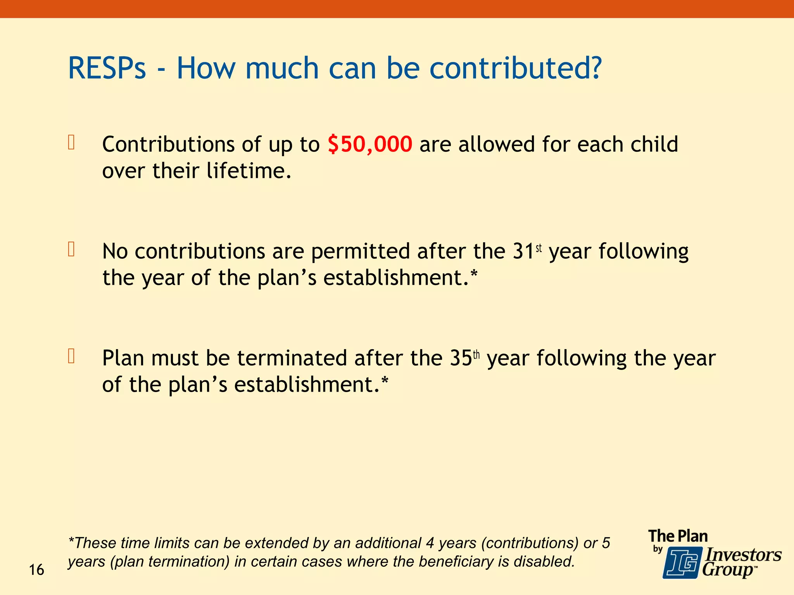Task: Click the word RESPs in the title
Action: (107, 68)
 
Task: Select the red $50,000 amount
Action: (370, 144)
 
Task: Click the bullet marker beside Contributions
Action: (71, 142)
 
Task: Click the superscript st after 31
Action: (539, 248)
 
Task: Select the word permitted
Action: (360, 251)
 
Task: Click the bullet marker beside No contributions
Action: (71, 249)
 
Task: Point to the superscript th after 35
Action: (476, 355)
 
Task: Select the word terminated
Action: (292, 358)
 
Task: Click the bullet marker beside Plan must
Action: (71, 356)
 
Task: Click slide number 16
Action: (36, 570)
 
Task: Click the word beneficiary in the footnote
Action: (461, 561)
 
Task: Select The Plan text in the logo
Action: (678, 536)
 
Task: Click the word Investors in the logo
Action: (743, 555)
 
